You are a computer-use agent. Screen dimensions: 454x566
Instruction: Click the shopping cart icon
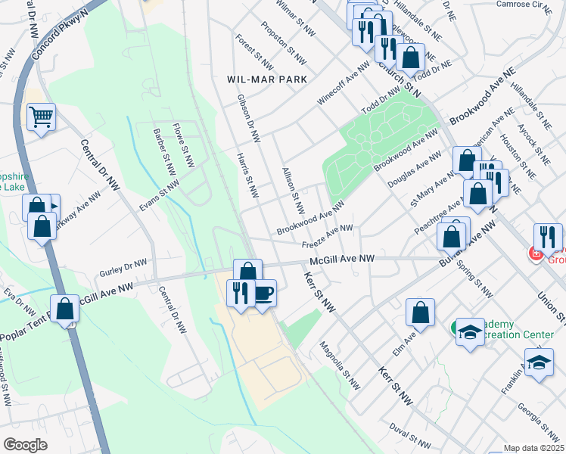click(41, 117)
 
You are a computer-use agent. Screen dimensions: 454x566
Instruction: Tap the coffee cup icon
click(263, 292)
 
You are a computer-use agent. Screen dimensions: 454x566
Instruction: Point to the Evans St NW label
click(160, 196)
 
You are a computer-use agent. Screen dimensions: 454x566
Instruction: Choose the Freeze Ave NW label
click(328, 235)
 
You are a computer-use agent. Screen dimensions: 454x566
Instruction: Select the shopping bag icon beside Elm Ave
click(420, 311)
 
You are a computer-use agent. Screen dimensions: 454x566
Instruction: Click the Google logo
click(25, 445)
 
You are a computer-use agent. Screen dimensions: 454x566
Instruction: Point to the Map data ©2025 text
click(533, 448)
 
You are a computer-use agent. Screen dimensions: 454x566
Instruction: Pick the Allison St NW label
click(292, 190)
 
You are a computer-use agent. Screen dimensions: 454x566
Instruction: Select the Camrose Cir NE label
click(522, 5)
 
